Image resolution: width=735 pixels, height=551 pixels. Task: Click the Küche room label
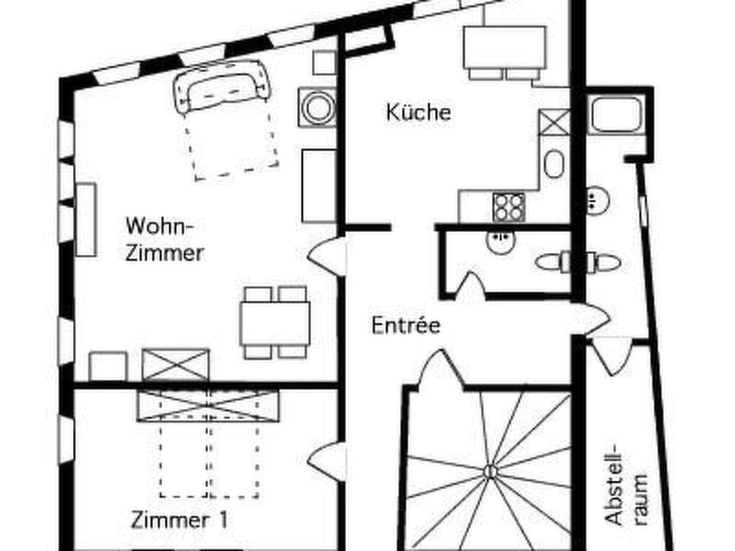[x=418, y=112]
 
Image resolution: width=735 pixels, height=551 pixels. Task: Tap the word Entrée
[x=406, y=325]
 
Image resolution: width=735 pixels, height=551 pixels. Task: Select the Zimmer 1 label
[x=179, y=520]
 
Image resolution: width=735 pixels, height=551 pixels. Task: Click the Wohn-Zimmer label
[x=165, y=239]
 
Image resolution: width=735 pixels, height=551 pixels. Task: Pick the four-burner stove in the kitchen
[x=508, y=207]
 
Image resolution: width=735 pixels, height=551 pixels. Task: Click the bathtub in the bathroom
[x=617, y=114]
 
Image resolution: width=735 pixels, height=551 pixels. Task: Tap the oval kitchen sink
[x=553, y=164]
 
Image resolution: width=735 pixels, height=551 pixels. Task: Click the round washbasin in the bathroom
[x=596, y=201]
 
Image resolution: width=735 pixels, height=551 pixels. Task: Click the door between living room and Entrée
[x=325, y=253]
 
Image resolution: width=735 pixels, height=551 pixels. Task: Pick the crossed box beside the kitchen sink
[x=554, y=123]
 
